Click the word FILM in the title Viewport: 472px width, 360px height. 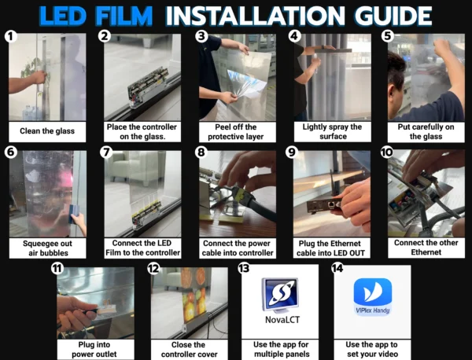tap(124, 16)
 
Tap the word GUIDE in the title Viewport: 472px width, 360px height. tap(393, 16)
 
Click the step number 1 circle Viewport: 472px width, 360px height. tap(10, 36)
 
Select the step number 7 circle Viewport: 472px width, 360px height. tap(106, 152)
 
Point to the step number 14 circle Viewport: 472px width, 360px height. tap(337, 268)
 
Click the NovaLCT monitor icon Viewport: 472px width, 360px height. tap(280, 296)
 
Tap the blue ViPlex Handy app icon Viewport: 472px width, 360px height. tap(373, 297)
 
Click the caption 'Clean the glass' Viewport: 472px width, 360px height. tap(47, 131)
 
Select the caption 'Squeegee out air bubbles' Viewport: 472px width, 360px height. tap(48, 248)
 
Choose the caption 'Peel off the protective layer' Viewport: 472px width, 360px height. tap(236, 132)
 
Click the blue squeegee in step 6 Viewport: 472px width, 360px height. tap(74, 214)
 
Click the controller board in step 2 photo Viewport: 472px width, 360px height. tap(148, 87)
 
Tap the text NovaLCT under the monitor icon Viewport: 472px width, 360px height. tap(282, 320)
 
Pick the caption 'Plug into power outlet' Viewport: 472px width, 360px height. tap(94, 350)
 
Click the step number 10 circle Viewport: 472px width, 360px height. tap(387, 152)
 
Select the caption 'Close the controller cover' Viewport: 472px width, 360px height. tap(189, 350)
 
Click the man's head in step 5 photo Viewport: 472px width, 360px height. tap(396, 79)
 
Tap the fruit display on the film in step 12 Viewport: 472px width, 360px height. tap(194, 295)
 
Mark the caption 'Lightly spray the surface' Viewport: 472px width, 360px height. tap(332, 132)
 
